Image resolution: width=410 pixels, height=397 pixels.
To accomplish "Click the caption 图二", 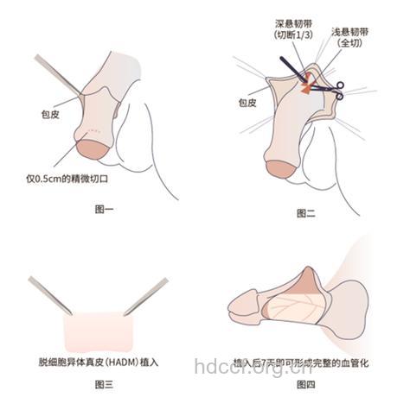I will point(305,212).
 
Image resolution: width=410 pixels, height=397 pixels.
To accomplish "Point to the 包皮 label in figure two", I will point(247,101).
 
